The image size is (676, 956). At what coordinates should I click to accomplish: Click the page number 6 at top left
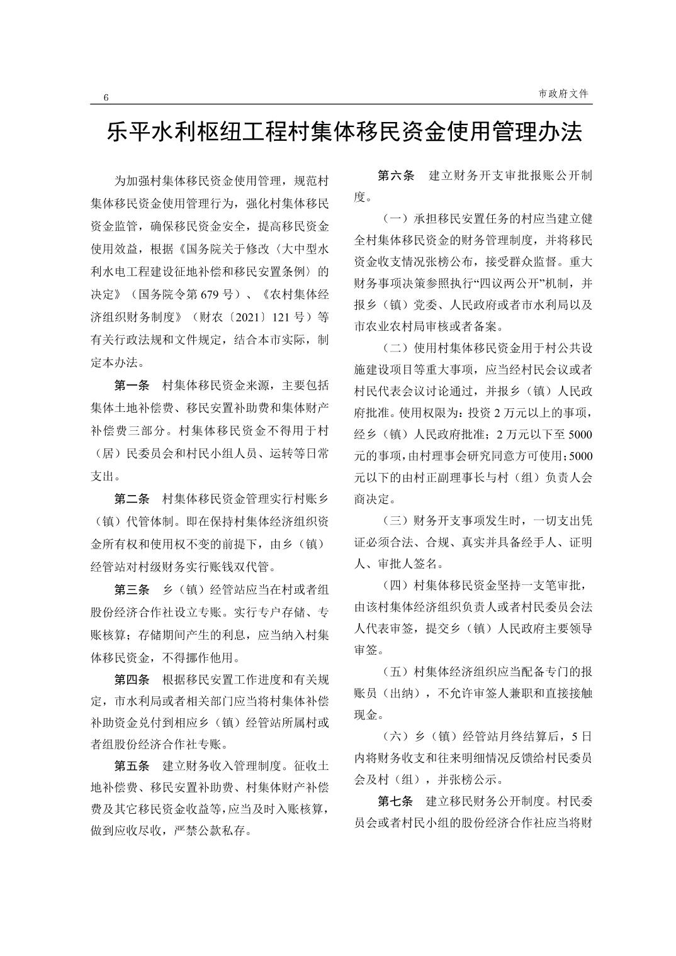click(106, 97)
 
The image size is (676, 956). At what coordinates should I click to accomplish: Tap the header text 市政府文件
click(564, 94)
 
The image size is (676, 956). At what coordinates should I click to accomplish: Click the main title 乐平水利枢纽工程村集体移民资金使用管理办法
click(344, 131)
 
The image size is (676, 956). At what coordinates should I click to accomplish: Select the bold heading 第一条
click(132, 386)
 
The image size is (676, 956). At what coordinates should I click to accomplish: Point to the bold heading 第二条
click(132, 499)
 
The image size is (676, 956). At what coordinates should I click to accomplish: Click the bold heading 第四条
click(132, 680)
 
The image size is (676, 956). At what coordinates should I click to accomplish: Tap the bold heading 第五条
click(132, 766)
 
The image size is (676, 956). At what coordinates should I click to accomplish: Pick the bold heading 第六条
click(395, 175)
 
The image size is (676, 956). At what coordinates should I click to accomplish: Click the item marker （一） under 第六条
click(395, 219)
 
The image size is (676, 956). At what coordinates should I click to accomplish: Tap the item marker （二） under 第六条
click(395, 348)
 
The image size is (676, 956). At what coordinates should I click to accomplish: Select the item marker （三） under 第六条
click(395, 521)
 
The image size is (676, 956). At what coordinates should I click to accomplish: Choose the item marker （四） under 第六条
click(395, 586)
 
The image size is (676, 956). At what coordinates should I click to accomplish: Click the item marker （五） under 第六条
click(395, 672)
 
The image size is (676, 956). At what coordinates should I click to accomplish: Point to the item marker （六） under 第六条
click(395, 736)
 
